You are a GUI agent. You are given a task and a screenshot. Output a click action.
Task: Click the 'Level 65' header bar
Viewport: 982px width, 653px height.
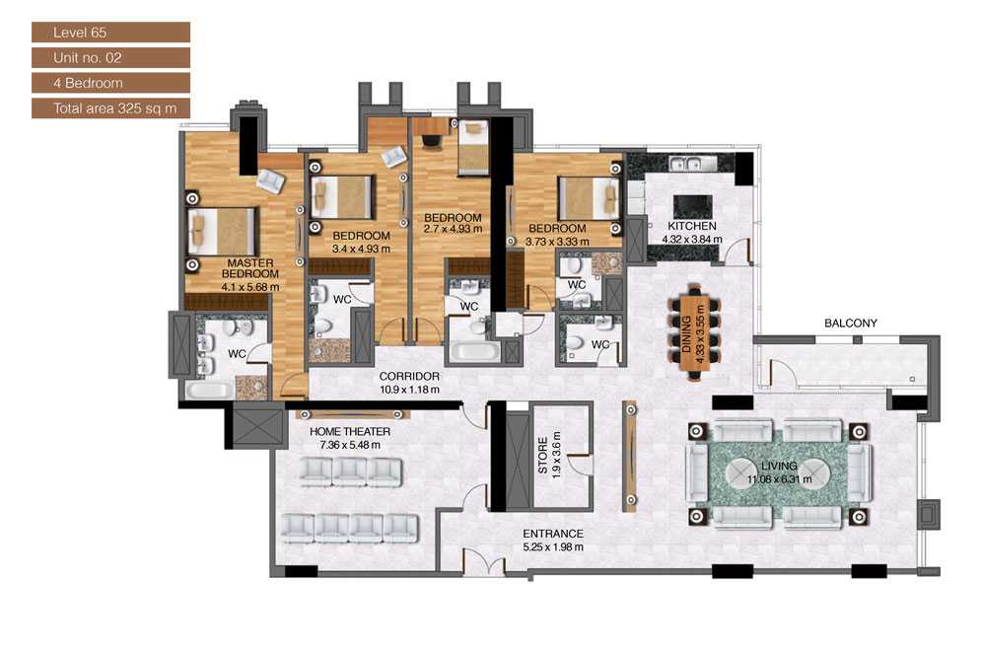coord(109,33)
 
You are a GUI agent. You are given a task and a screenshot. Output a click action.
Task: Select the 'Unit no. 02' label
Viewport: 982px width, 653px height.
coord(109,57)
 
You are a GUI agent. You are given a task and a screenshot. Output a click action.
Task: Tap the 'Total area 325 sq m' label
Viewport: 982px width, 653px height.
coord(109,109)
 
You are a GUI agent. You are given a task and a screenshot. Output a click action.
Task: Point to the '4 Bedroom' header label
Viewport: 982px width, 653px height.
coord(109,83)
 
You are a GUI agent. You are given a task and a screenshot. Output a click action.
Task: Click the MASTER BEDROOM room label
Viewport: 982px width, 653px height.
coord(253,268)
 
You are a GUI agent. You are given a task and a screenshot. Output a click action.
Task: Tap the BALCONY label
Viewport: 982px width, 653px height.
coord(851,323)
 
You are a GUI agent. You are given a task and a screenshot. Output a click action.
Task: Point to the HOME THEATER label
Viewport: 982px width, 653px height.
coord(350,431)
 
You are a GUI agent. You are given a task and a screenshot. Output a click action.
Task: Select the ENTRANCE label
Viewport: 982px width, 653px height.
coord(552,534)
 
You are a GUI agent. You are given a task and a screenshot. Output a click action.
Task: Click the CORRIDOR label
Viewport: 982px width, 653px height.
coord(409,376)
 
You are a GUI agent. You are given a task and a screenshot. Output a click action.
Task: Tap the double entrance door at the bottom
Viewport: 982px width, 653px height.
coord(483,567)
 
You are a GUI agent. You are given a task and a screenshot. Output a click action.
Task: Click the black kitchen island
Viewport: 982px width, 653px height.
coord(692,206)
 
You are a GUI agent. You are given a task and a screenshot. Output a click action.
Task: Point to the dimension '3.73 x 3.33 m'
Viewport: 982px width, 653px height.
coord(557,241)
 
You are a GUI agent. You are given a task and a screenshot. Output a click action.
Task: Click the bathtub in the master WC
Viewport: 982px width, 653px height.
coord(210,391)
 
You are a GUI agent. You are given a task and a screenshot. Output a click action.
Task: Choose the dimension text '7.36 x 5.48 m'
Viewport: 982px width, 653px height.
coord(350,445)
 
